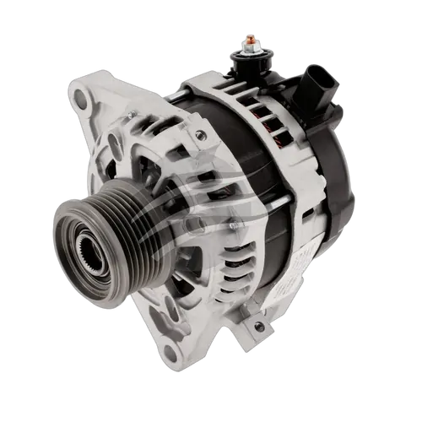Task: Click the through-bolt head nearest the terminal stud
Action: pyautogui.click(x=201, y=134)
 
